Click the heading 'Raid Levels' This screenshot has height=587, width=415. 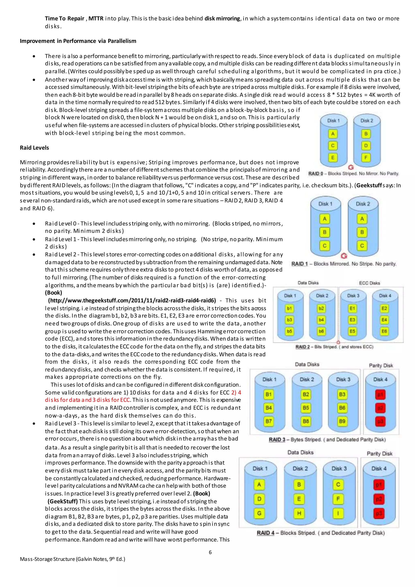tap(34, 148)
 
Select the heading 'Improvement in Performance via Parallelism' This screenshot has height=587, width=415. tap(78, 41)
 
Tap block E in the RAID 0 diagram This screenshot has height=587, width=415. tap(333, 157)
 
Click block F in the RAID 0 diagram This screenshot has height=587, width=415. tap(366, 157)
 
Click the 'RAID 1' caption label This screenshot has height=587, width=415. tap(299, 264)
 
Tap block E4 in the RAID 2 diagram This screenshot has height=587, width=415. tap(384, 320)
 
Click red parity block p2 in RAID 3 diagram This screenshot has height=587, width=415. tap(380, 408)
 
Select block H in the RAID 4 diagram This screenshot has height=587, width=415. tap(299, 513)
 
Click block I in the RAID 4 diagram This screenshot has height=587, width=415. tap(338, 513)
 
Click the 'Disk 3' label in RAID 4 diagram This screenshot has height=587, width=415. tap(339, 469)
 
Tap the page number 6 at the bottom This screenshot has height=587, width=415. tap(210, 552)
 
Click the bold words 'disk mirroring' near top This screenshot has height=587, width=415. tap(222, 18)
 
